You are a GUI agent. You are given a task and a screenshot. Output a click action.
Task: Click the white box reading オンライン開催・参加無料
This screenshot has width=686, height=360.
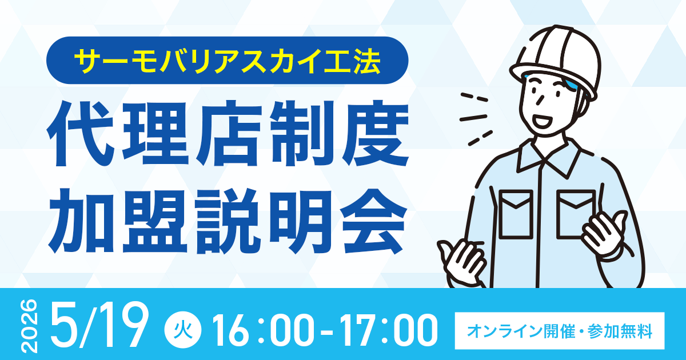[x=559, y=330]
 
